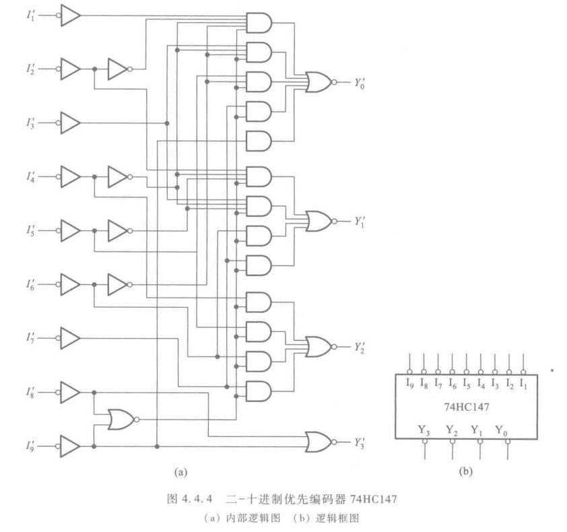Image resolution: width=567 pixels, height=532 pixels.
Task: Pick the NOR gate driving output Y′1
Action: coord(319,220)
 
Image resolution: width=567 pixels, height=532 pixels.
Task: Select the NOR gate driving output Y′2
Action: coord(319,347)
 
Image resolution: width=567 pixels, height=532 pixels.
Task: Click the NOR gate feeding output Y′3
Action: coord(319,442)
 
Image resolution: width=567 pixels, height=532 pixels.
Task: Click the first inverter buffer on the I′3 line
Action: coord(69,123)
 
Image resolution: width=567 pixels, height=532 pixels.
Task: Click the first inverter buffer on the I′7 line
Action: coord(69,335)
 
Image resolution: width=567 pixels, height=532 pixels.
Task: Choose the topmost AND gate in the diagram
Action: coord(259,23)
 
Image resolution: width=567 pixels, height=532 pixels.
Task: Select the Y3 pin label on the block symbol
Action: coord(425,429)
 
